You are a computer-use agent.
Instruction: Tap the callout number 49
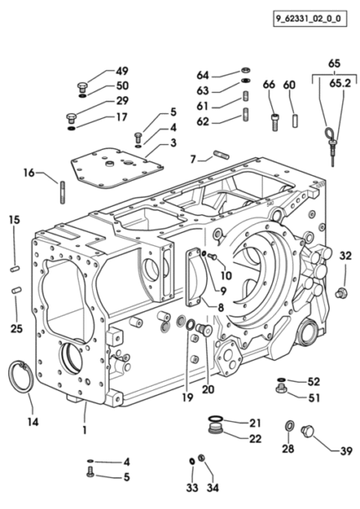(x=122, y=71)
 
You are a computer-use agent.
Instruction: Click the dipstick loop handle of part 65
(x=327, y=133)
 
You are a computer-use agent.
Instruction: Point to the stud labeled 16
(x=63, y=193)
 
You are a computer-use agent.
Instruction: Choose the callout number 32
(x=346, y=256)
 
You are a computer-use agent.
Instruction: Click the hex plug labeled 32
(x=342, y=292)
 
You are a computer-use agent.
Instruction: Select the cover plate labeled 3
(x=117, y=168)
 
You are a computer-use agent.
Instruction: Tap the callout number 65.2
(x=340, y=84)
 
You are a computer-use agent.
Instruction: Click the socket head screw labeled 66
(x=275, y=122)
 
